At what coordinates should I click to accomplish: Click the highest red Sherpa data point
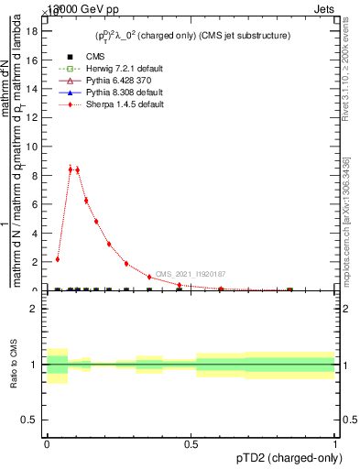click(71, 168)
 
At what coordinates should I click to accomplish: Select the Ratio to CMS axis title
click(14, 365)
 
